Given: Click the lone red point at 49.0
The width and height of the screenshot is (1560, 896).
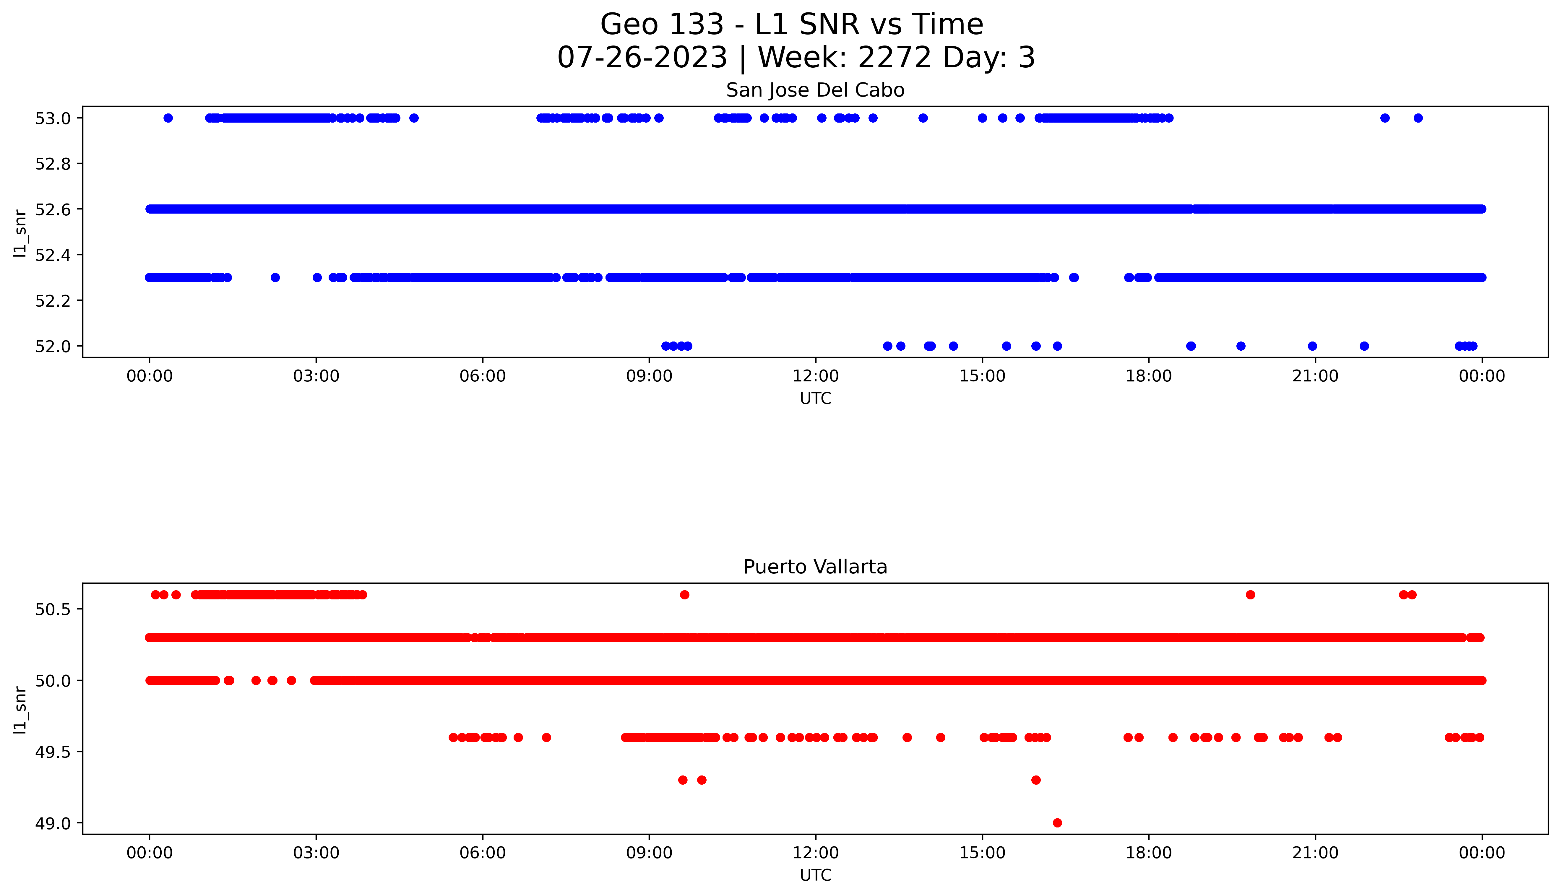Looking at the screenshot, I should [x=1057, y=823].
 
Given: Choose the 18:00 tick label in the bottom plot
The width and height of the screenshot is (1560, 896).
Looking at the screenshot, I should [x=1148, y=853].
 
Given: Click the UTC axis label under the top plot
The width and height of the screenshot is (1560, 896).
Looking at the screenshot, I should [x=815, y=399].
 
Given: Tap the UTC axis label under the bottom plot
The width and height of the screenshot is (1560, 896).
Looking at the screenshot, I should [x=815, y=875].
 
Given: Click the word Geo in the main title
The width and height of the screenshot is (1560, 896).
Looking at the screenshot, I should [x=628, y=25].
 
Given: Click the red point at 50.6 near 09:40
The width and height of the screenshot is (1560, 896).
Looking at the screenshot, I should [x=684, y=594].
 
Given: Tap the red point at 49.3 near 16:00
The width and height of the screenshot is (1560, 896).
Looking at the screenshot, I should [x=1036, y=780].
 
